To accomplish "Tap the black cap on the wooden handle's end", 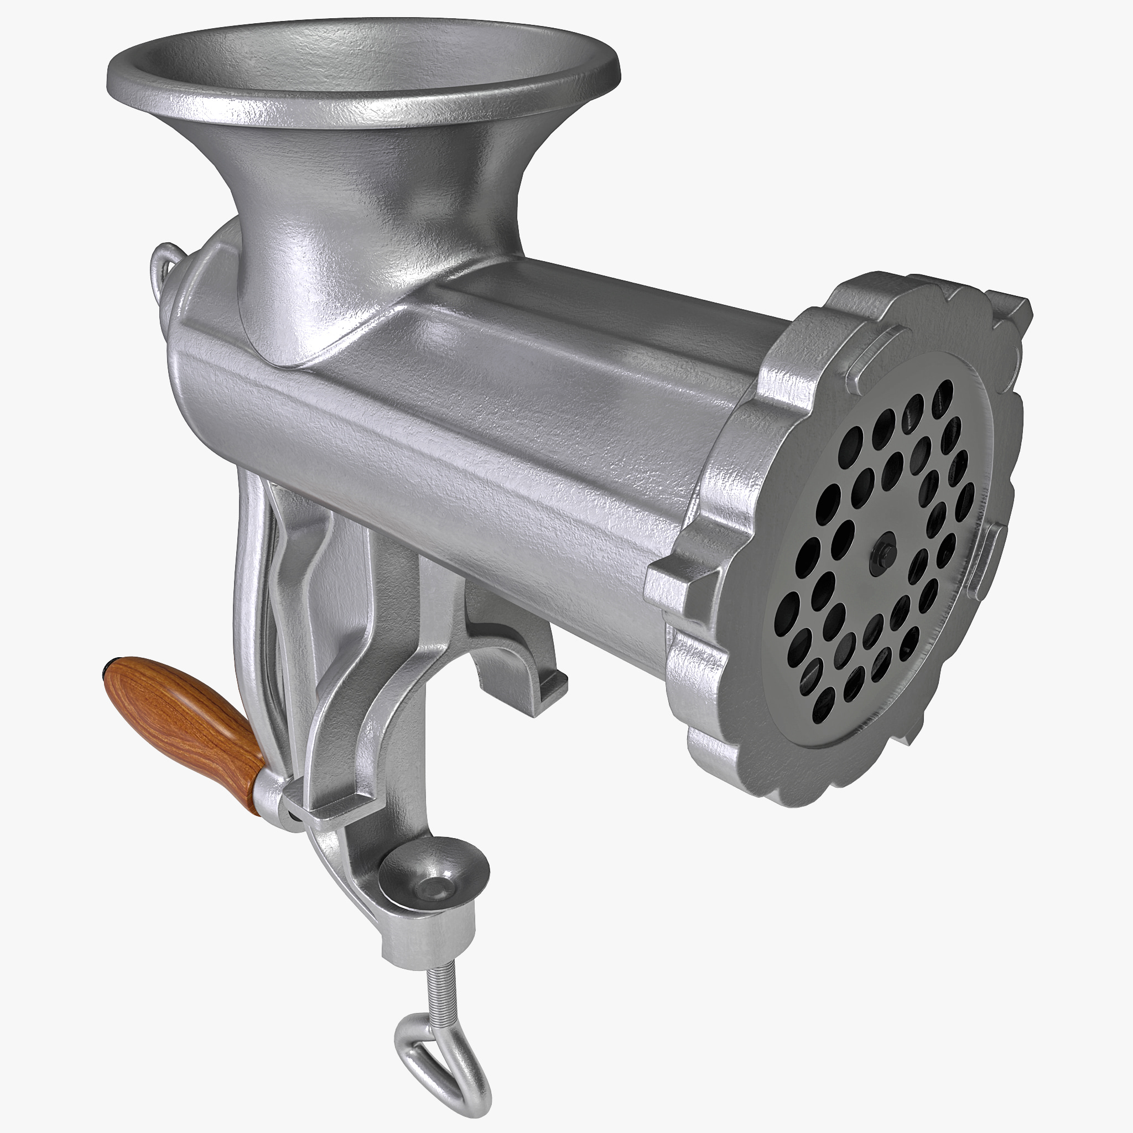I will click(x=108, y=668).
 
